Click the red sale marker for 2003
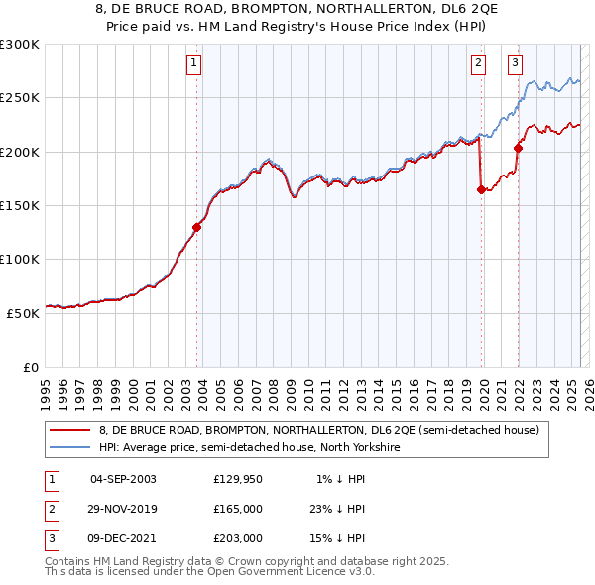point(197,227)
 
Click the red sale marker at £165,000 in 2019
point(481,189)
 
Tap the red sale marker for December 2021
point(518,149)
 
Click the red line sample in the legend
point(69,430)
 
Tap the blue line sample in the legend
point(69,447)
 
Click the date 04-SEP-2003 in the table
point(123,479)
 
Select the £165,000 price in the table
point(238,509)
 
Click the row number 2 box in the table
point(51,509)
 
